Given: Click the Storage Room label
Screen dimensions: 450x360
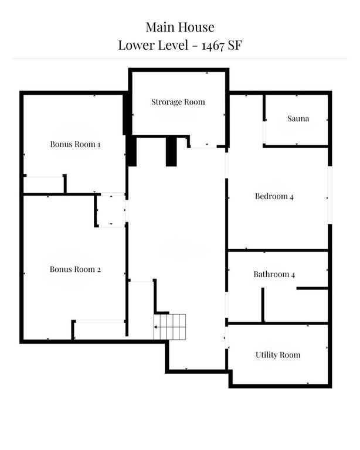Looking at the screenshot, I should tap(178, 102).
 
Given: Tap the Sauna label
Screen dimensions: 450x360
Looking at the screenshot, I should tap(298, 119).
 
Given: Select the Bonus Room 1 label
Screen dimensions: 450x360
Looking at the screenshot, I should tap(75, 144).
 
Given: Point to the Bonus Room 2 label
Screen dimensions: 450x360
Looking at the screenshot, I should tap(75, 270).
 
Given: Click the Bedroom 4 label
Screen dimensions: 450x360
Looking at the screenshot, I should tap(274, 196).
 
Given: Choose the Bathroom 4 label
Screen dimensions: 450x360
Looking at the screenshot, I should tap(274, 274).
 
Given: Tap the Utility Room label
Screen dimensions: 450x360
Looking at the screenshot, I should tap(277, 355).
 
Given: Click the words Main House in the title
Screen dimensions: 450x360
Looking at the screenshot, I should tap(180, 27).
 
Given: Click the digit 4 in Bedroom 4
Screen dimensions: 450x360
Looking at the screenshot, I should tap(291, 197).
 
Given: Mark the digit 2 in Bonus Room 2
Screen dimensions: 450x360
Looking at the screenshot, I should tap(99, 270).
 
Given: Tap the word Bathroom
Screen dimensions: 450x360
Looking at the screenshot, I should tap(270, 274).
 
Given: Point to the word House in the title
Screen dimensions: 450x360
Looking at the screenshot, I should tap(197, 27).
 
